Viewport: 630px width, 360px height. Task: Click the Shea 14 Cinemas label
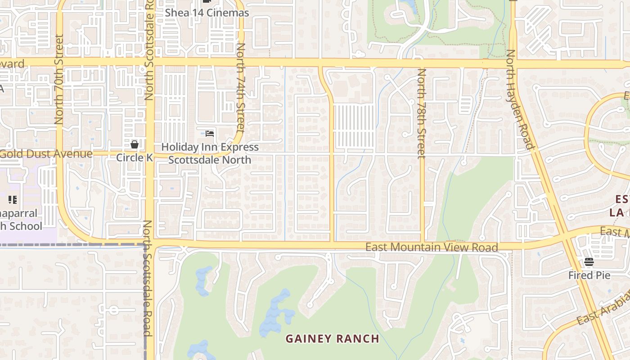point(207,13)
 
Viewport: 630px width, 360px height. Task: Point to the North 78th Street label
point(422,113)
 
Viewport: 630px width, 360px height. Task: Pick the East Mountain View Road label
point(431,247)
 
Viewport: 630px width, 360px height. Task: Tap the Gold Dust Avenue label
point(46,154)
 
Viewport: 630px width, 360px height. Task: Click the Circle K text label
point(134,157)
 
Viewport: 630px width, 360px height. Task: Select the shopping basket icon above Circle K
point(134,144)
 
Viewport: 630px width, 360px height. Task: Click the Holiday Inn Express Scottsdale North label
point(210,153)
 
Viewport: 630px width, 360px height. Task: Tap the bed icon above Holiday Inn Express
point(209,134)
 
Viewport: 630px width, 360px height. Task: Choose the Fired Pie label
point(589,275)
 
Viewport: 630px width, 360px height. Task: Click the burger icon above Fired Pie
point(589,262)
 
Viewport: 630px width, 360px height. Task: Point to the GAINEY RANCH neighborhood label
point(333,338)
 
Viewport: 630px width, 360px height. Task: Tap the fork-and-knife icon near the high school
point(12,199)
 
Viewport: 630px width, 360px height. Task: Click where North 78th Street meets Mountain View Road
point(422,246)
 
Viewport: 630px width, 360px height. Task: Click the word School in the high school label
point(26,226)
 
